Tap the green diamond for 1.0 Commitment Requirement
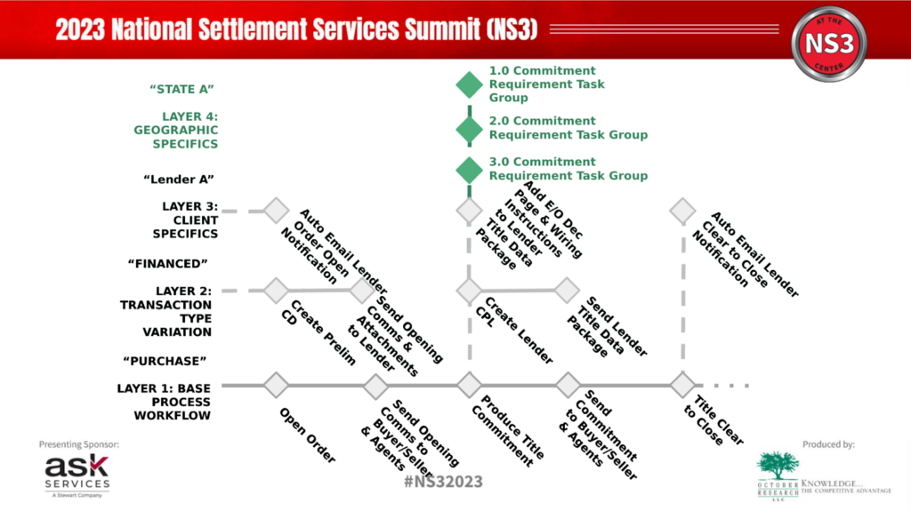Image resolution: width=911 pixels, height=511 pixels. [x=469, y=84]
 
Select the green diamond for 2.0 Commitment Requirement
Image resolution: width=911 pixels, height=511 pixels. [x=469, y=128]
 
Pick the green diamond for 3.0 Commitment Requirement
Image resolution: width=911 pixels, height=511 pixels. [x=469, y=169]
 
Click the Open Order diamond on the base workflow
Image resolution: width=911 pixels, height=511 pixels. [x=277, y=386]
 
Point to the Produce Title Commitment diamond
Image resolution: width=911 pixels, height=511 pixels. [x=469, y=386]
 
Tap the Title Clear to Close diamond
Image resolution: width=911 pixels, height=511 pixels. [x=682, y=386]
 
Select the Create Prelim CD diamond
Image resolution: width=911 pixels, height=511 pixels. [x=277, y=290]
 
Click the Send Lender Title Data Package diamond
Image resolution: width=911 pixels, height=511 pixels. [x=567, y=290]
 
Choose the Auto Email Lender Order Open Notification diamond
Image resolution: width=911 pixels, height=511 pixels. [x=277, y=211]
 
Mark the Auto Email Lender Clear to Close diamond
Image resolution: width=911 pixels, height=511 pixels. [x=682, y=211]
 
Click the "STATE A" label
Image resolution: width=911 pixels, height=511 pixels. [x=183, y=89]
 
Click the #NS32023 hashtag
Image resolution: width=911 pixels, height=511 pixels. [x=443, y=482]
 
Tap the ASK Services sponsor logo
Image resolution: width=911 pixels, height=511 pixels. [x=78, y=474]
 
